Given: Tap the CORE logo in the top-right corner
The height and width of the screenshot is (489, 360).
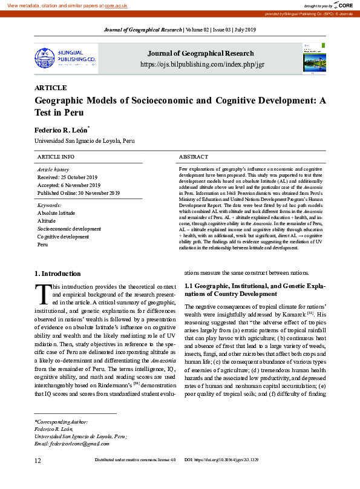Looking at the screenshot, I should pos(341,5).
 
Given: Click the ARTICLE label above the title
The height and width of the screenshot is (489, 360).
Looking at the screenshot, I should pos(51,88).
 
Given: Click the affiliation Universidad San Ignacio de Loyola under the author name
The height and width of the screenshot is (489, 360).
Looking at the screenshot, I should pos(84,141).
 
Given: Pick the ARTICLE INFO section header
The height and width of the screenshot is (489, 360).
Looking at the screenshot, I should pos(56,157).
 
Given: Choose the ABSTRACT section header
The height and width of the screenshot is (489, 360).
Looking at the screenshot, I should pos(194,157).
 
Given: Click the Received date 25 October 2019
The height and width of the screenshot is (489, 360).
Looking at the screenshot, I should pos(67,177).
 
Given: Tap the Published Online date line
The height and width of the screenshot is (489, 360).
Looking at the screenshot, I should pos(79,192).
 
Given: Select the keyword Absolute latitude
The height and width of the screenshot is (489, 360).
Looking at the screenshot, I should pos(56,213).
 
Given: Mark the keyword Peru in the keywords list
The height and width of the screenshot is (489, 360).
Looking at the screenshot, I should pos(42,244).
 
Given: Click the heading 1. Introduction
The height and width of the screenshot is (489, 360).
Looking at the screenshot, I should pos(57,274).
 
